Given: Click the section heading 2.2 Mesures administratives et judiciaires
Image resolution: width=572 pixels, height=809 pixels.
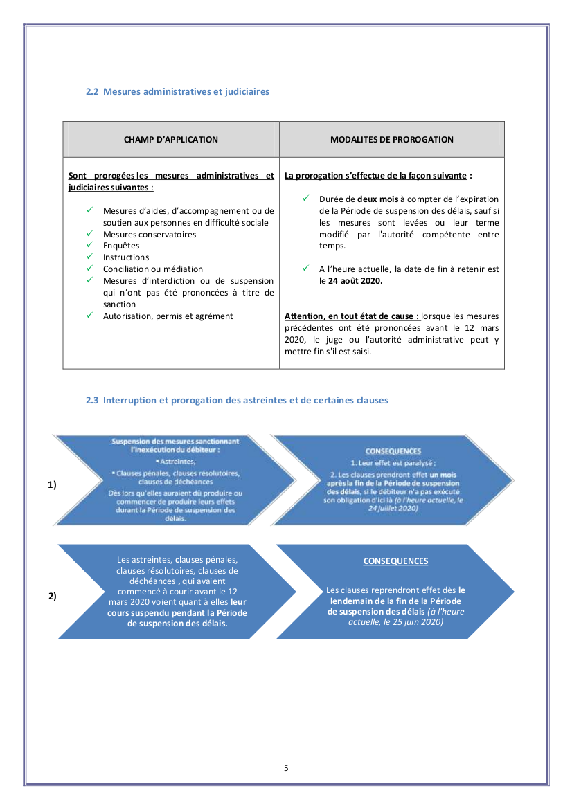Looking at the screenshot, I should tap(177, 91).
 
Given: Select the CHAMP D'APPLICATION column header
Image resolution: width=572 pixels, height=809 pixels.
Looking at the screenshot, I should tap(171, 140).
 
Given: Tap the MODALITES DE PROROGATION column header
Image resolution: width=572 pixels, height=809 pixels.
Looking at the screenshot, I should tap(392, 140).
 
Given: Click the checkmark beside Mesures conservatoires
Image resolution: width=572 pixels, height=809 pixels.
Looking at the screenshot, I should tap(89, 234).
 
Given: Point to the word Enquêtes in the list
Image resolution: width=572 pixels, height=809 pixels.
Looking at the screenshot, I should tap(121, 246).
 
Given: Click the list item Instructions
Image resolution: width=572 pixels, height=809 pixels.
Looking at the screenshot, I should tap(126, 257).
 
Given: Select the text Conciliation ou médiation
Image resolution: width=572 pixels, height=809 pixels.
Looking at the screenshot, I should tap(153, 269).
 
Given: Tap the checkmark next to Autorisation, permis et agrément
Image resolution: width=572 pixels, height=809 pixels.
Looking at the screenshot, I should tap(89, 316).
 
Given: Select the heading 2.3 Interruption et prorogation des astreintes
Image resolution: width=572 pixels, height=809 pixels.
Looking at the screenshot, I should tap(237, 400).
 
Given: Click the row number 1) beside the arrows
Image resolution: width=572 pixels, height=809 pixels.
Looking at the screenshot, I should tap(52, 485).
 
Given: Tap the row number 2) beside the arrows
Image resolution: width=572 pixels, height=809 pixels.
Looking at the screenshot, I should tap(52, 596).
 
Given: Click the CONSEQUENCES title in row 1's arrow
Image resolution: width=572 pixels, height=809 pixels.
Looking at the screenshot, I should tap(393, 451).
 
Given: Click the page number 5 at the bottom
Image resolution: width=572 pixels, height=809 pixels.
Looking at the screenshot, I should tap(286, 768).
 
